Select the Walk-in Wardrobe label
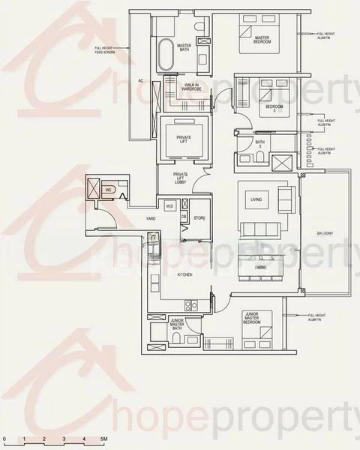(x=191, y=88)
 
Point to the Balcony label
(x=325, y=233)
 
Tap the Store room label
(x=199, y=218)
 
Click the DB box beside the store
(x=184, y=217)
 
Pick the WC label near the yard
(x=109, y=190)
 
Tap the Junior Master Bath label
(x=178, y=324)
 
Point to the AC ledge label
(x=140, y=79)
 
